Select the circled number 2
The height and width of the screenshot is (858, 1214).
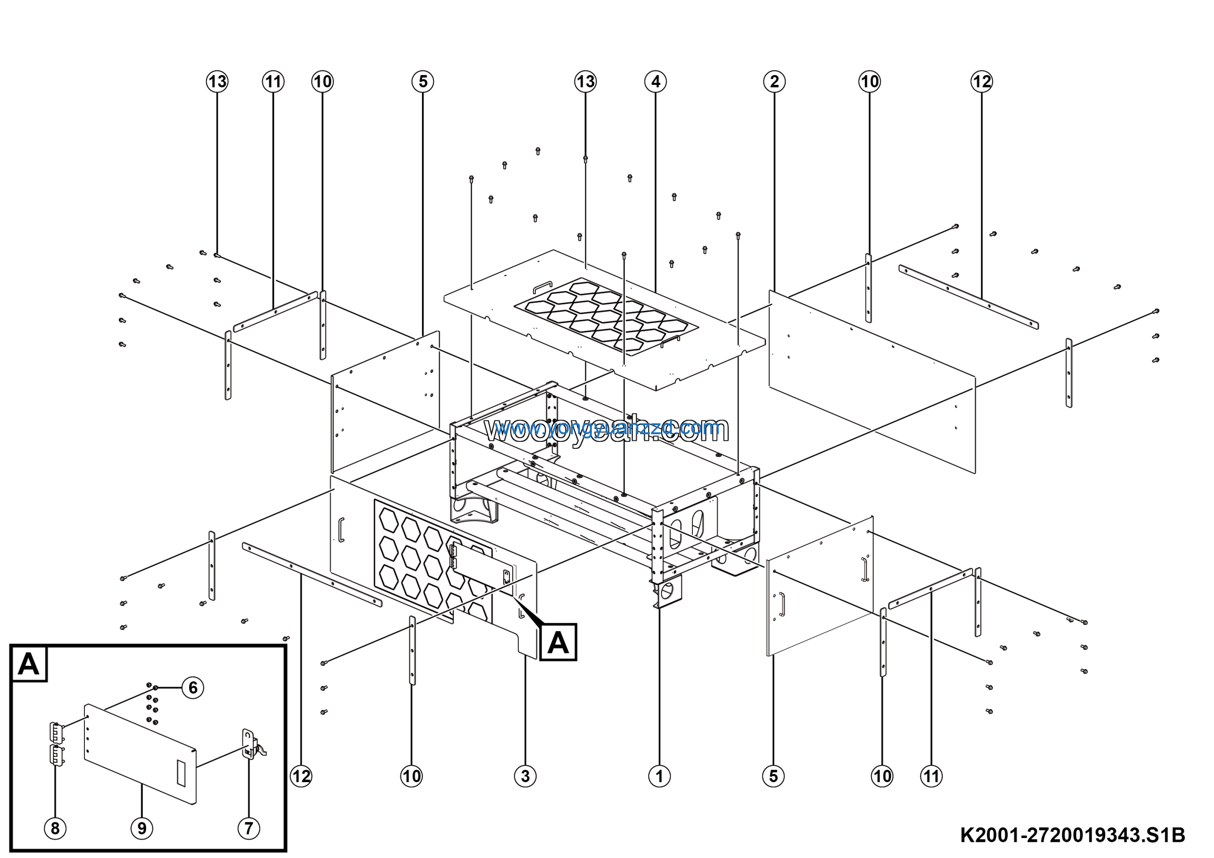pyautogui.click(x=774, y=82)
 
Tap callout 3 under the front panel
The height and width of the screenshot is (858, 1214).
pyautogui.click(x=524, y=776)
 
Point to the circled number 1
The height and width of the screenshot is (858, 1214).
pyautogui.click(x=659, y=776)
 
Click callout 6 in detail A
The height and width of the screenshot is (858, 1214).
pyautogui.click(x=193, y=688)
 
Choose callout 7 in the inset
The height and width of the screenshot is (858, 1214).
pyautogui.click(x=248, y=828)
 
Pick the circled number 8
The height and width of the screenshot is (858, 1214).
pyautogui.click(x=55, y=828)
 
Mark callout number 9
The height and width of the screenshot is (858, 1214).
pyautogui.click(x=142, y=828)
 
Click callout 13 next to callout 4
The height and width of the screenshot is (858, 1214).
pyautogui.click(x=585, y=82)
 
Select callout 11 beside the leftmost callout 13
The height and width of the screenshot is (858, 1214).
pyautogui.click(x=273, y=82)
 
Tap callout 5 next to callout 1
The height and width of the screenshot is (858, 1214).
pyautogui.click(x=773, y=776)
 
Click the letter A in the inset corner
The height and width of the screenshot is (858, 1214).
pyautogui.click(x=28, y=664)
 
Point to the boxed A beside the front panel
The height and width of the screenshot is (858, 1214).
pyautogui.click(x=558, y=643)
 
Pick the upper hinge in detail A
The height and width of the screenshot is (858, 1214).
pyautogui.click(x=55, y=732)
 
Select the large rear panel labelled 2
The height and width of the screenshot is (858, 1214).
pyautogui.click(x=873, y=381)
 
